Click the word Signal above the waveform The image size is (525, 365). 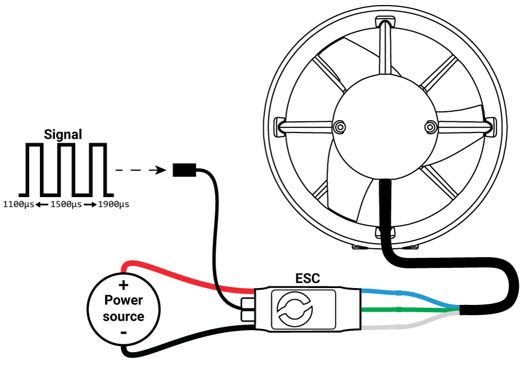[63, 135]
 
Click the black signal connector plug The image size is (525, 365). [184, 170]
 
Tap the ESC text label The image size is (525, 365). [308, 279]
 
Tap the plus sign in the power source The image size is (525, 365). [124, 286]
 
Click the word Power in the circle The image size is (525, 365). [124, 300]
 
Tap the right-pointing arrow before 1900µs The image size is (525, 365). [90, 205]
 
